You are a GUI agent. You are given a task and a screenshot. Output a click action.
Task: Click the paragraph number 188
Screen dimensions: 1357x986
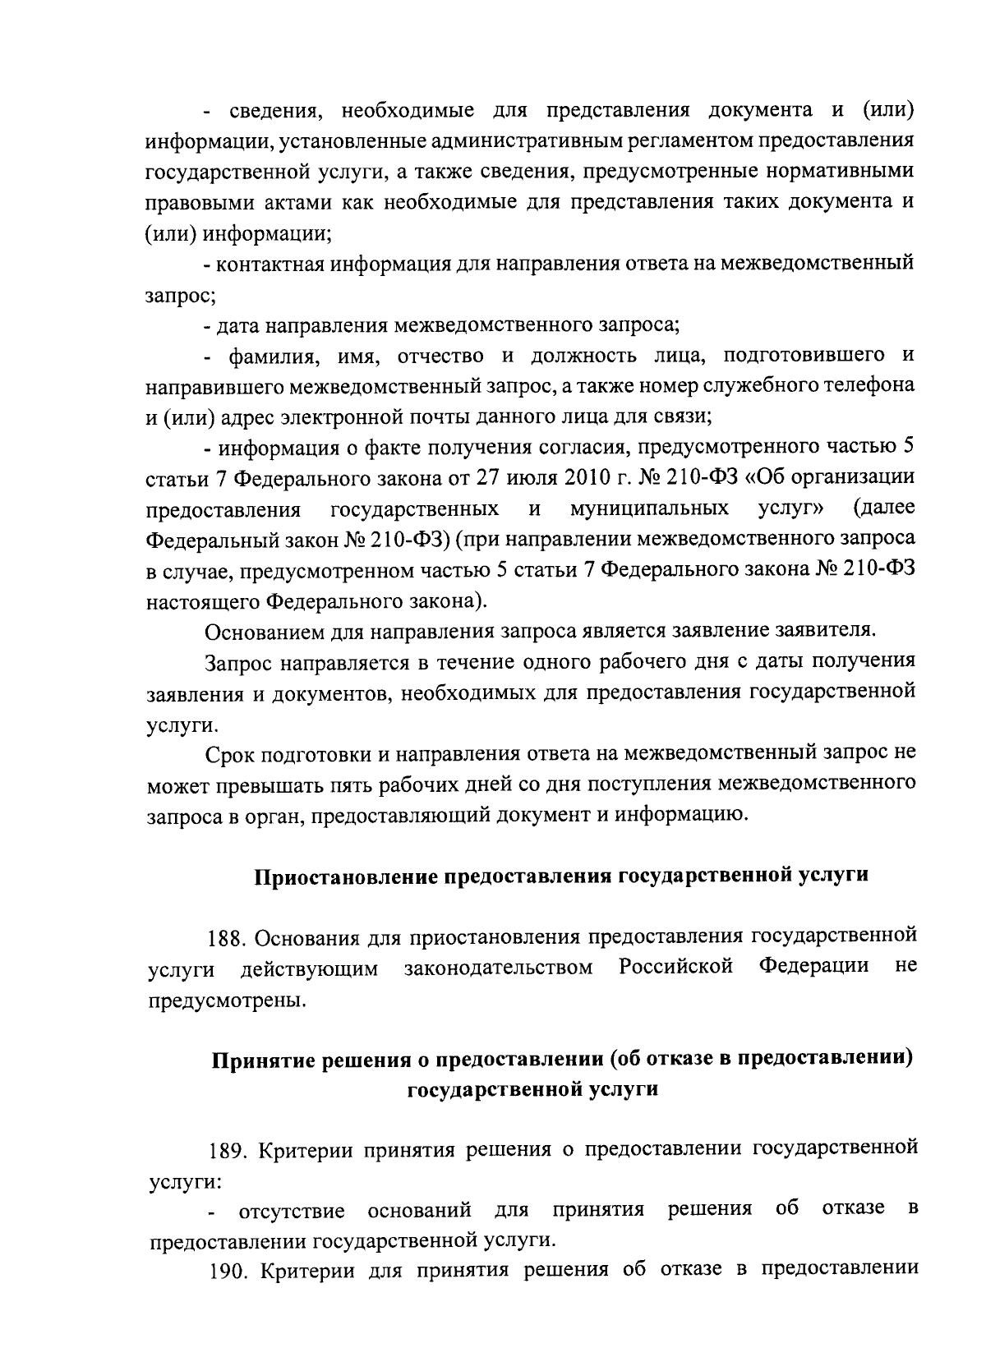coord(224,938)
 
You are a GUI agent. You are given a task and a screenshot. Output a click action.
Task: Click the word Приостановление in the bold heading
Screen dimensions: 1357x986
coord(346,876)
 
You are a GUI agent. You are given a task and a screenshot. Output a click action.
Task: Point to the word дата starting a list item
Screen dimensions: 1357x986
coord(235,326)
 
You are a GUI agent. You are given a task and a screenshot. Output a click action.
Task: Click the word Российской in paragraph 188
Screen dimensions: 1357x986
coord(675,968)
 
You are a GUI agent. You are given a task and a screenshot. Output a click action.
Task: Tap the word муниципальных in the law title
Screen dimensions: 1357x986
coord(649,508)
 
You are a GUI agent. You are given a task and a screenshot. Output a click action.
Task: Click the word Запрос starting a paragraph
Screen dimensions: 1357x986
coord(237,662)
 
